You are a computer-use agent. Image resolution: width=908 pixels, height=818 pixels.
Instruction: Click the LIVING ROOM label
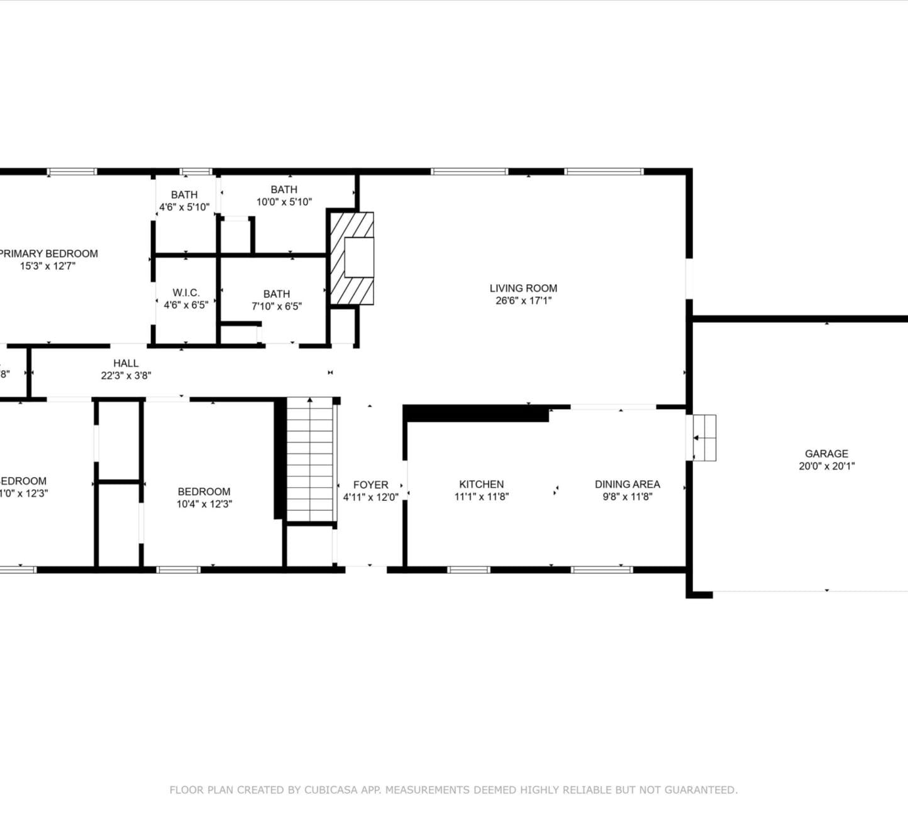coord(523,288)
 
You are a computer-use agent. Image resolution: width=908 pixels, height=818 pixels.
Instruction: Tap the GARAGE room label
coord(826,454)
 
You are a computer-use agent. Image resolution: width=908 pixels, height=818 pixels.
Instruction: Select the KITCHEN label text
coord(481,484)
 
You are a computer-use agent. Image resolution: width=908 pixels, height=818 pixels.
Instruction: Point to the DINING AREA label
coord(627,484)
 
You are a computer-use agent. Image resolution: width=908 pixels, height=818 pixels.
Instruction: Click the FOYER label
coord(370,485)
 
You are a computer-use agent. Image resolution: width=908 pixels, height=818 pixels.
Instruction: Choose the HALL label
coord(126,363)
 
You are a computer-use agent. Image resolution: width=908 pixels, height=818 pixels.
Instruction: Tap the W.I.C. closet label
coord(186,293)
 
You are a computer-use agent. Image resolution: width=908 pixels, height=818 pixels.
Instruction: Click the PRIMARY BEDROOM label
coord(48,254)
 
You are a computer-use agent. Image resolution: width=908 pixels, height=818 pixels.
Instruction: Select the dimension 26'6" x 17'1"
coord(523,301)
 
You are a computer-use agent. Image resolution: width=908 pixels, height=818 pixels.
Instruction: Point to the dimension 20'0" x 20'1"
coord(826,466)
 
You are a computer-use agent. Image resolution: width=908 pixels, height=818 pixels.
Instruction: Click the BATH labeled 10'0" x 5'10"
coord(284,189)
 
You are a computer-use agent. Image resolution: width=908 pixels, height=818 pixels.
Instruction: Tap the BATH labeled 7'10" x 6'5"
coord(277,294)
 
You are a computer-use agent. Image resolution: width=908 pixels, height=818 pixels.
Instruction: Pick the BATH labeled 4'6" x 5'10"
coord(184,195)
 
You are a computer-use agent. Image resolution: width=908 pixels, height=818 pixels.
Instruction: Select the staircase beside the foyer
coord(310,459)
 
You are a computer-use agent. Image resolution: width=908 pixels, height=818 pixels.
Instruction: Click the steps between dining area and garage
coord(704,437)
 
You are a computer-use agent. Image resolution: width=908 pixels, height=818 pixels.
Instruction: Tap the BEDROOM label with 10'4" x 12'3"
coord(204,491)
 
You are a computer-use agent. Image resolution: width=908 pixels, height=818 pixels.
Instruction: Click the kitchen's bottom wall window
coord(468,570)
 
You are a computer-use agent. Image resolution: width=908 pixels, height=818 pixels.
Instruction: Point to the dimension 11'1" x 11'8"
coord(481,496)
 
